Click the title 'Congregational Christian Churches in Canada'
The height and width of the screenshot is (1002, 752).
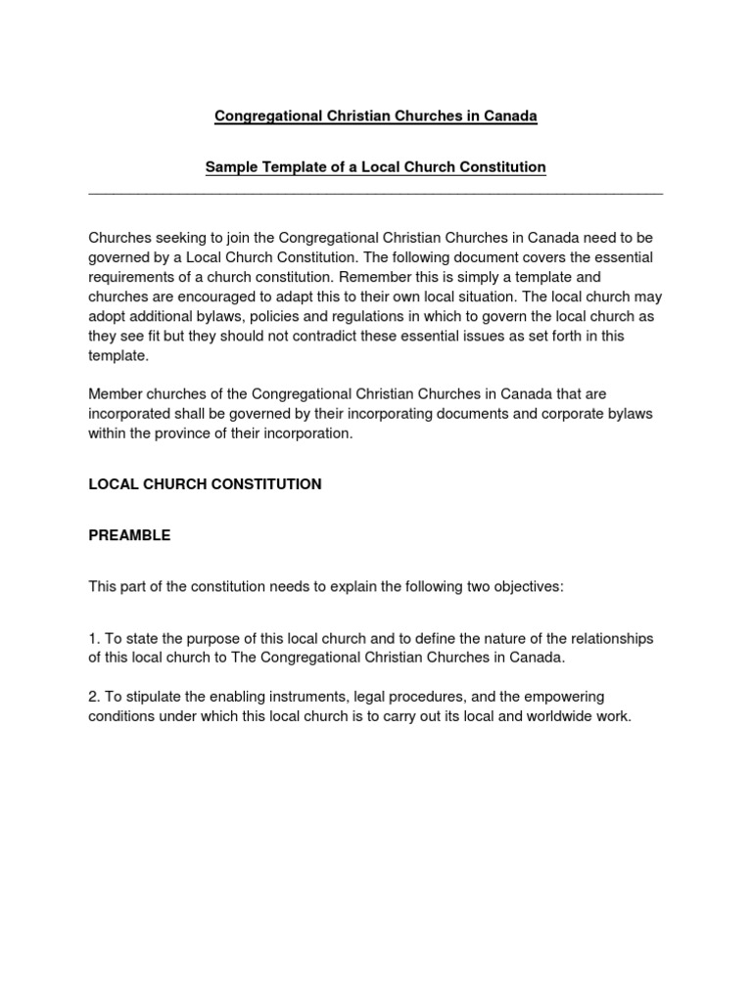click(x=376, y=116)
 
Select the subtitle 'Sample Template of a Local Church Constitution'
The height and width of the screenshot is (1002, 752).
click(x=376, y=167)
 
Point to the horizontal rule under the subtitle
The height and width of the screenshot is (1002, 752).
click(x=376, y=194)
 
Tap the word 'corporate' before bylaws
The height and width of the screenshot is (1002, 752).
click(x=574, y=413)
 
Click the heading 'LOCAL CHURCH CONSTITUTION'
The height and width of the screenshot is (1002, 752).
click(x=205, y=484)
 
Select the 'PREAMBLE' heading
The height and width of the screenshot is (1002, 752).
click(x=129, y=535)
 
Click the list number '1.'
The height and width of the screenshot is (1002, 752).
click(x=95, y=638)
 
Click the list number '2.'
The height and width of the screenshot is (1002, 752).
click(x=95, y=696)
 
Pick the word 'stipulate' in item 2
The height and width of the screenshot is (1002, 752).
click(x=152, y=696)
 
